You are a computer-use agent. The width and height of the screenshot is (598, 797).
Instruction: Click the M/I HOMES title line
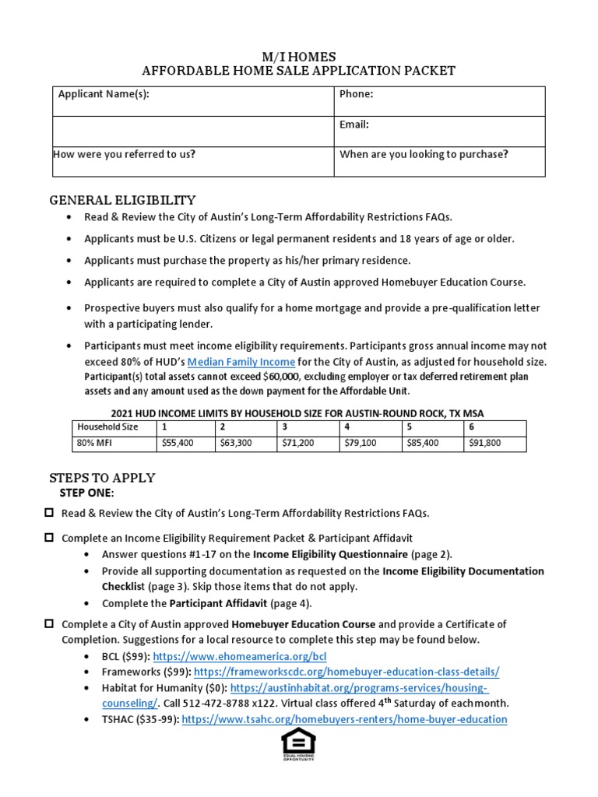tap(298, 57)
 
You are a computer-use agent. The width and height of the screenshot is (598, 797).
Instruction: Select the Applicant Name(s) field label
tap(104, 94)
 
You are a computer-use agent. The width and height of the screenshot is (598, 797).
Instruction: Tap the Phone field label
tap(357, 94)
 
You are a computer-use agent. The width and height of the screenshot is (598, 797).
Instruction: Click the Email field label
tap(354, 125)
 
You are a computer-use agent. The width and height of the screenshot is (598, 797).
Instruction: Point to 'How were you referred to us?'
tap(124, 154)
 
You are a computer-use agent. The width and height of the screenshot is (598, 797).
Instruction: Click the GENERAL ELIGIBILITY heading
tap(123, 200)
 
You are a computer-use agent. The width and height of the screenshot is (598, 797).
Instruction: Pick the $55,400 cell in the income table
tap(177, 443)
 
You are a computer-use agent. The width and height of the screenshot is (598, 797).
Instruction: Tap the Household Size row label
tap(107, 427)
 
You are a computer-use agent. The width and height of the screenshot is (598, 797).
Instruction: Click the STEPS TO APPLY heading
tap(102, 477)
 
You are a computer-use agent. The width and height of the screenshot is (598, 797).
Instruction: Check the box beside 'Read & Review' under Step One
tap(49, 512)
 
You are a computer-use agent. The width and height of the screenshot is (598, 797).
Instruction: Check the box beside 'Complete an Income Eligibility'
tap(49, 537)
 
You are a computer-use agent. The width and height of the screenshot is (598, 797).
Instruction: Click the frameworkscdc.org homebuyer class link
tap(346, 672)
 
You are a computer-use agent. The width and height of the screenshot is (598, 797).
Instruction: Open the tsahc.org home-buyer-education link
tap(345, 719)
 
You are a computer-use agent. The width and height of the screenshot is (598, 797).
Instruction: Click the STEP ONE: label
tap(86, 493)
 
